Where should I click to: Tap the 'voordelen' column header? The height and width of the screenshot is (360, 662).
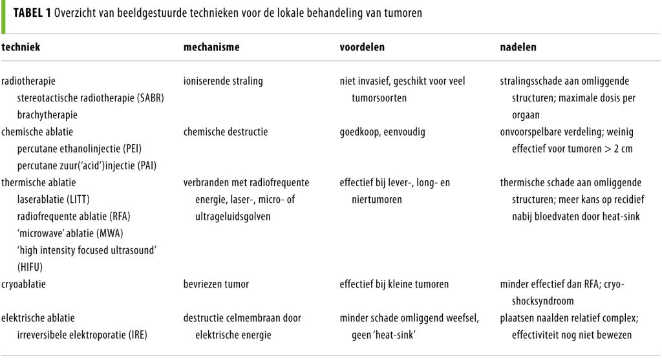point(359,48)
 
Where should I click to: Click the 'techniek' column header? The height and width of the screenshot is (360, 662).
point(21,48)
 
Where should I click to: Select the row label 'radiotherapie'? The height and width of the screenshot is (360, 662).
point(29,81)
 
